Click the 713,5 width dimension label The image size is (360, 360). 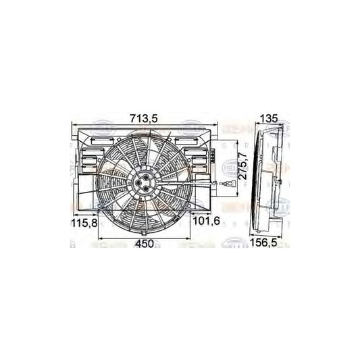(143, 119)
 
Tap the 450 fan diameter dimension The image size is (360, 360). (143, 243)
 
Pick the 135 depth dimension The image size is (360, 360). (269, 119)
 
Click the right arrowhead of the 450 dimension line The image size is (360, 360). (188, 238)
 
